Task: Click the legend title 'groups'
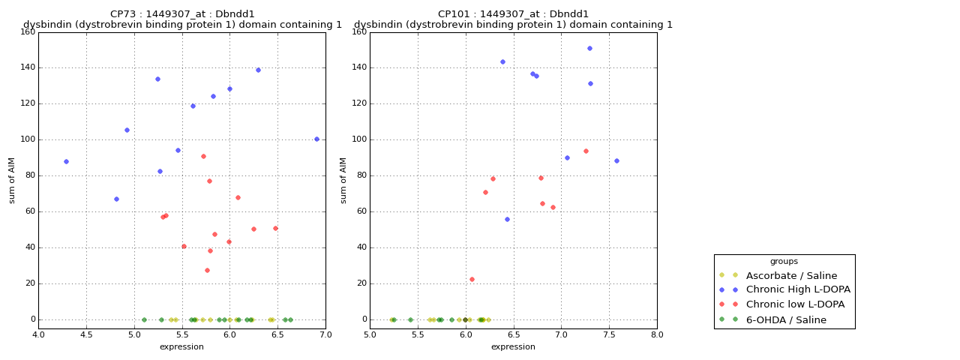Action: click(784, 262)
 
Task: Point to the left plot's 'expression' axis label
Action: click(181, 346)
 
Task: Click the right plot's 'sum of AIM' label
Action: click(344, 180)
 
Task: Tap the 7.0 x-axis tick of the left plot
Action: click(325, 334)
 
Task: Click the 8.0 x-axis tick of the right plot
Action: click(657, 334)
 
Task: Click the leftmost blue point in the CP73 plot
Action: click(66, 161)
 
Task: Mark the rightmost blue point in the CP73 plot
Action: click(316, 139)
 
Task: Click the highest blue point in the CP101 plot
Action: click(589, 48)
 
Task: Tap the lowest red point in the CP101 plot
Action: click(472, 279)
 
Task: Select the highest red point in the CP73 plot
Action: click(203, 156)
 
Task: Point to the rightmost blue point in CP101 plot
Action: click(616, 160)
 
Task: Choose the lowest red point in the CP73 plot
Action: click(207, 270)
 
